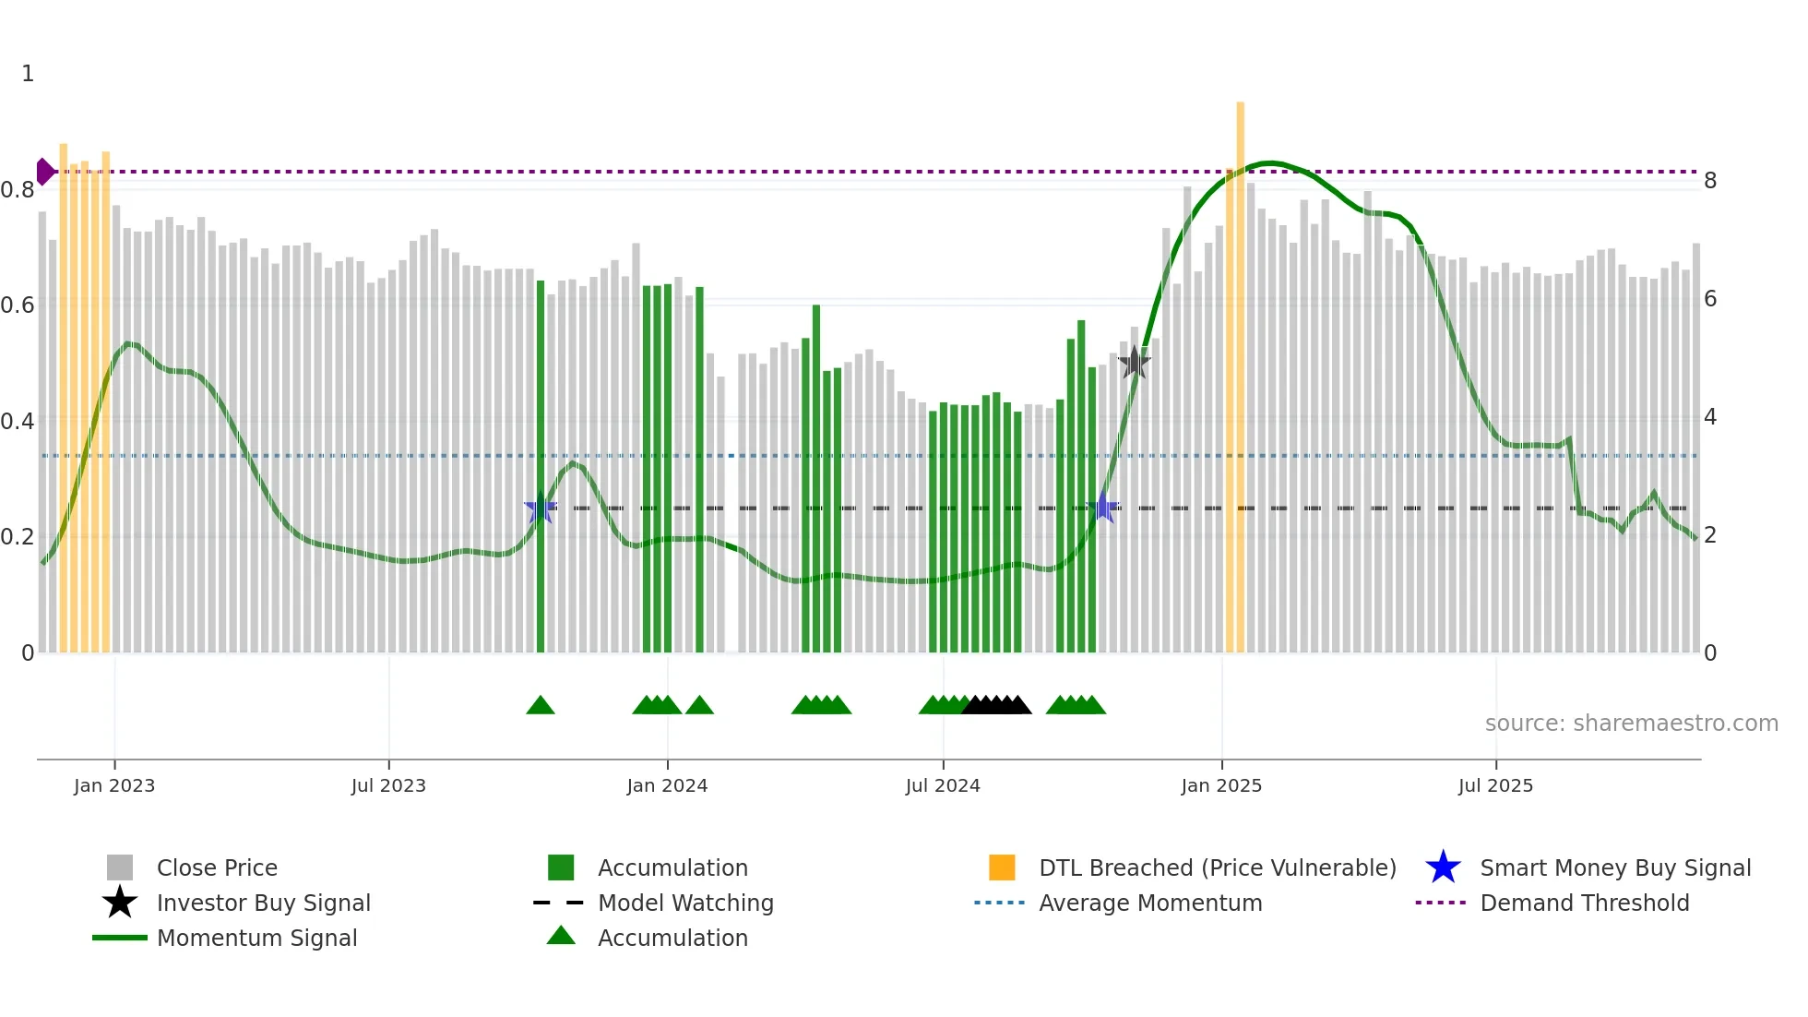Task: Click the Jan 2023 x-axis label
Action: (x=114, y=785)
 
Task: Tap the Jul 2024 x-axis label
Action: (x=943, y=785)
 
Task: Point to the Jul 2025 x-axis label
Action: (x=1495, y=785)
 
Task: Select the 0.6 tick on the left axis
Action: (x=18, y=305)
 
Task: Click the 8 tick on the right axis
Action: (x=1710, y=181)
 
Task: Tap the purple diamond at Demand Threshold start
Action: (x=44, y=172)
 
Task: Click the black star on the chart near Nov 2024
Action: (x=1134, y=363)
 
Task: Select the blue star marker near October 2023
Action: (x=540, y=508)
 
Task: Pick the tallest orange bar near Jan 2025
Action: (x=1240, y=369)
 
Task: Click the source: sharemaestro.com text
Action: (x=1631, y=724)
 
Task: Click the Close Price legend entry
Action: (x=217, y=867)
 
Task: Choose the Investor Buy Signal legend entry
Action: (x=263, y=903)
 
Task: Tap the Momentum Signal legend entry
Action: (x=256, y=938)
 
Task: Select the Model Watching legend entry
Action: (x=685, y=903)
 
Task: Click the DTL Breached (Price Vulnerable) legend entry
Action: (x=1217, y=867)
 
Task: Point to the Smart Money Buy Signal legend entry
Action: (x=1614, y=867)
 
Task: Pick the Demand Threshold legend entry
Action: (x=1584, y=903)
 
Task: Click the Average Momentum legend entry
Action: (x=1149, y=903)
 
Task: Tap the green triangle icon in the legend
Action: (x=561, y=936)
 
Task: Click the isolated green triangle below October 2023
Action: (x=541, y=706)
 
